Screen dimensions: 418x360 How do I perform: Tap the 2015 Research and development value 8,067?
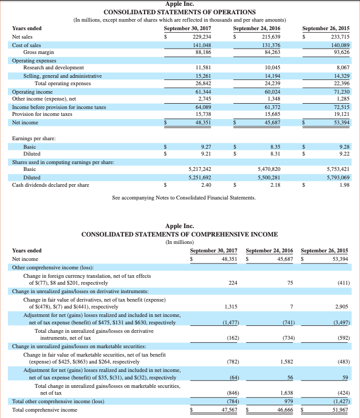click(339, 68)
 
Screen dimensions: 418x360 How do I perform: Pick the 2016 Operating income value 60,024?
click(270, 92)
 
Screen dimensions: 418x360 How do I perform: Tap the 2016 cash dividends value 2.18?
click(275, 185)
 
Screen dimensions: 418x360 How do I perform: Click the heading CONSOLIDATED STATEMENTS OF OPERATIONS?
click(179, 12)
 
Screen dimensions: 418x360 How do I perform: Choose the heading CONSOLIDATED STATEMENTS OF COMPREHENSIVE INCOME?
click(179, 234)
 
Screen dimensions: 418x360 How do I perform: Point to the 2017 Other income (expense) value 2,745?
click(204, 99)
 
